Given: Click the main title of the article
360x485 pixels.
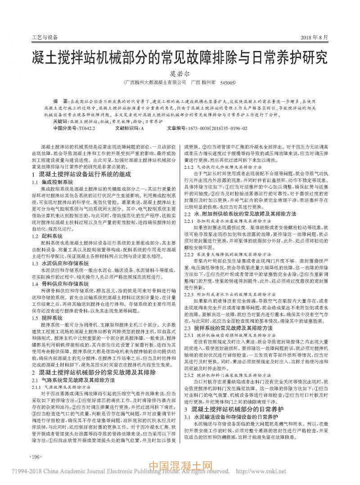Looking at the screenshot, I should point(180,59).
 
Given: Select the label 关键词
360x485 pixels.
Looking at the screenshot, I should point(60,122).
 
